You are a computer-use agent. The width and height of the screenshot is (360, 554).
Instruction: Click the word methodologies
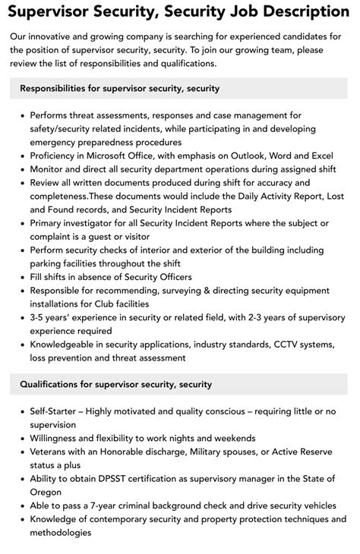tap(61, 532)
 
